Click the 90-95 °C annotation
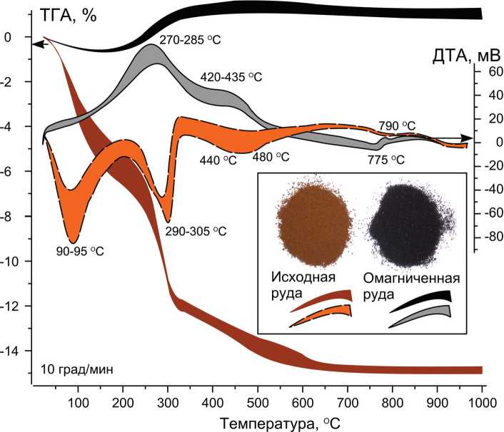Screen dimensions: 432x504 [81, 250]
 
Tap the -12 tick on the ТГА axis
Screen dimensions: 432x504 [19, 307]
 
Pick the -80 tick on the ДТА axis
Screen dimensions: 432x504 [488, 237]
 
